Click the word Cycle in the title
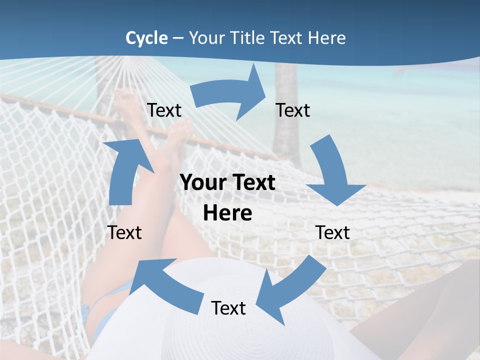[x=146, y=38]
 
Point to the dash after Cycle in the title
[x=177, y=38]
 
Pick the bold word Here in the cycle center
[x=227, y=213]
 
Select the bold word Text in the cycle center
[x=252, y=183]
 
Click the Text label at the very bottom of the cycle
[x=228, y=308]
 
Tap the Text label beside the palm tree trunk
[x=293, y=110]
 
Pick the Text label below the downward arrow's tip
[x=332, y=232]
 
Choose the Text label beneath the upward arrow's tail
[x=124, y=232]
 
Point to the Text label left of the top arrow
[x=164, y=110]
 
